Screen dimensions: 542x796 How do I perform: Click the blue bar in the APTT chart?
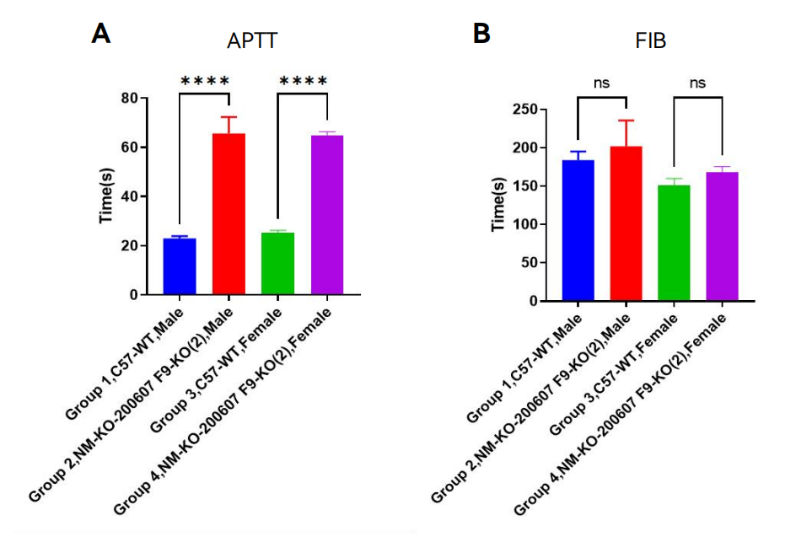click(180, 266)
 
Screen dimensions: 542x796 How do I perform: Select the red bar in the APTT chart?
click(229, 214)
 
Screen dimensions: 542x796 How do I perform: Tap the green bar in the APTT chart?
click(278, 264)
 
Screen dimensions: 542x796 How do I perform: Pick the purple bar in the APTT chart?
click(327, 215)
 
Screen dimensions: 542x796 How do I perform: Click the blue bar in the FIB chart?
click(578, 230)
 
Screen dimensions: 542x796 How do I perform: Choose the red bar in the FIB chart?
click(626, 223)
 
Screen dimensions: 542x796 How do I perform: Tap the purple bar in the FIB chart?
click(723, 236)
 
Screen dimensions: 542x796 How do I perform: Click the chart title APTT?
click(252, 41)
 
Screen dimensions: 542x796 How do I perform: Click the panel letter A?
click(101, 34)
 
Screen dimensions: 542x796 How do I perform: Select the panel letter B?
click(481, 34)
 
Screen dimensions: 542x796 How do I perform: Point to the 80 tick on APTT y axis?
click(129, 98)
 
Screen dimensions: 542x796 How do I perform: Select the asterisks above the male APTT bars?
click(205, 81)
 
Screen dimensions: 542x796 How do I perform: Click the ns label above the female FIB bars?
click(697, 83)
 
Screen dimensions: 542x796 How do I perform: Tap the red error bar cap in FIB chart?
click(626, 121)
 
